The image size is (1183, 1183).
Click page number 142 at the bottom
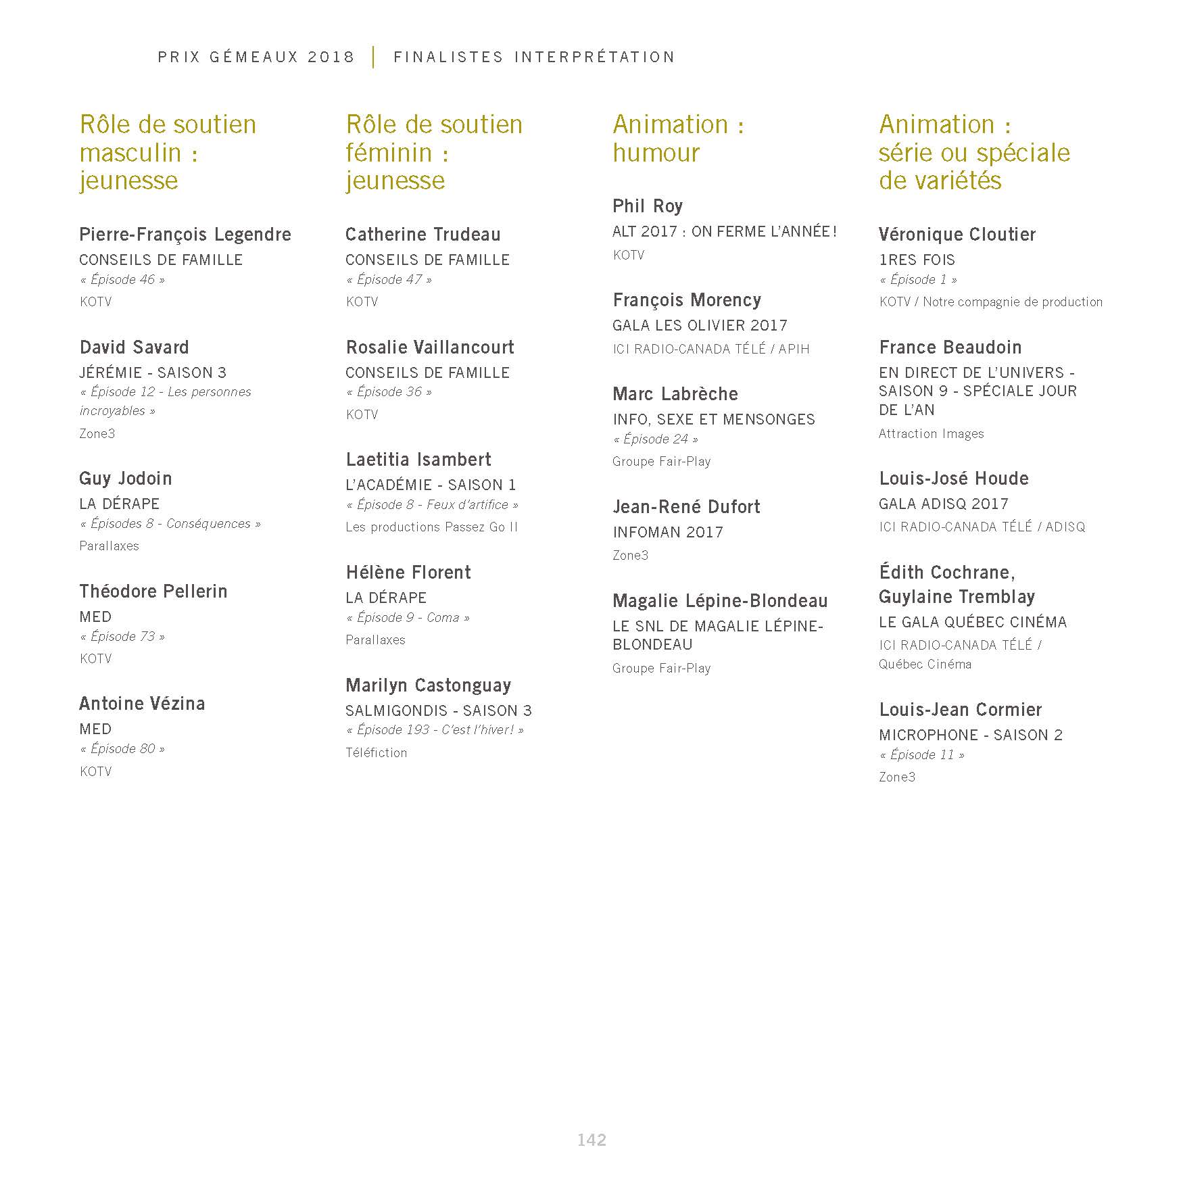click(x=591, y=1140)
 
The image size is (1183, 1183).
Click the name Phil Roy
click(x=648, y=206)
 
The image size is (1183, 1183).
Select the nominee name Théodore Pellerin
click(x=153, y=591)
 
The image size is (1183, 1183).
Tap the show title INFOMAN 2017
click(x=668, y=533)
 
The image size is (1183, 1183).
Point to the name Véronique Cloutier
click(x=957, y=235)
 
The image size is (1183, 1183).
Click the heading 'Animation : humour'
click(x=678, y=139)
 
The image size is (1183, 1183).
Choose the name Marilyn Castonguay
click(x=428, y=685)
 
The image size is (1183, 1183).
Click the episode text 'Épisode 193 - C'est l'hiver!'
click(x=435, y=730)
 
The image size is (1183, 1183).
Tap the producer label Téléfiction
click(x=376, y=753)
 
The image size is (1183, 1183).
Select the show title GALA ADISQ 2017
click(x=943, y=504)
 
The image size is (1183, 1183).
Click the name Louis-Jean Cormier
click(x=960, y=710)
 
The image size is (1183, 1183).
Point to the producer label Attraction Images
click(x=931, y=434)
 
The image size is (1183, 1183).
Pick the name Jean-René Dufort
click(x=686, y=507)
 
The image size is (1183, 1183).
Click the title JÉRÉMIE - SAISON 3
click(x=153, y=373)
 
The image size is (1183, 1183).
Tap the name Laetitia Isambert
click(x=418, y=460)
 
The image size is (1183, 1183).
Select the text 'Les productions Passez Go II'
click(x=431, y=527)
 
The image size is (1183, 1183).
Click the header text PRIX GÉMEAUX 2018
click(x=256, y=57)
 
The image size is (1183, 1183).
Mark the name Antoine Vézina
click(x=142, y=704)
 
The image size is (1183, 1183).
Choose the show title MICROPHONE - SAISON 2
click(x=970, y=735)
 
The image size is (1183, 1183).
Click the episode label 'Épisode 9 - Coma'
click(x=408, y=618)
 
